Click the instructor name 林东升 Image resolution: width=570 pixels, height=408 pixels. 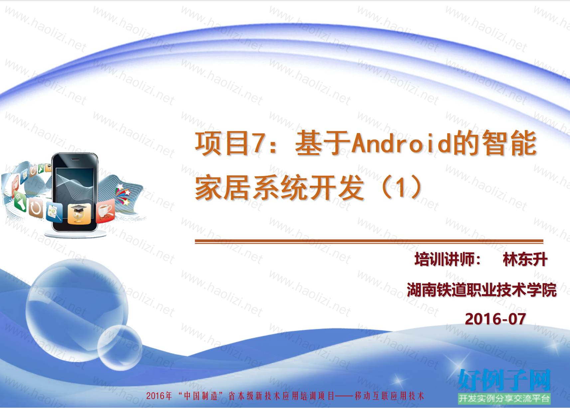tap(525, 260)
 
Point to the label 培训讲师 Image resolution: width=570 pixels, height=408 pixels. tap(444, 260)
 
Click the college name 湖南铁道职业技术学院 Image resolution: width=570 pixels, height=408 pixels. tap(482, 290)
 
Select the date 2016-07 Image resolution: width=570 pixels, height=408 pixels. tap(495, 319)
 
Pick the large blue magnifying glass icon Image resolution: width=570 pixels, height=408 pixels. tap(55, 212)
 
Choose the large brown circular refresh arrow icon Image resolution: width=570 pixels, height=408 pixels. tap(36, 208)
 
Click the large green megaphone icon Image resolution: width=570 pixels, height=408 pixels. tap(20, 202)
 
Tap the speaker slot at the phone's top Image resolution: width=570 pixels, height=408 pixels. tap(75, 159)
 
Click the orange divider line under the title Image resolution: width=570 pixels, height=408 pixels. tap(369, 241)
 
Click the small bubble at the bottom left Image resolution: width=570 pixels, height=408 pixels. tap(120, 348)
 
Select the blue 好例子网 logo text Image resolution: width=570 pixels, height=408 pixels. tap(504, 380)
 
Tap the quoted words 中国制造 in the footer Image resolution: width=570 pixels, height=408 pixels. tap(201, 396)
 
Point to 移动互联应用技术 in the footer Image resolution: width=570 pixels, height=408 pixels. tap(389, 396)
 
